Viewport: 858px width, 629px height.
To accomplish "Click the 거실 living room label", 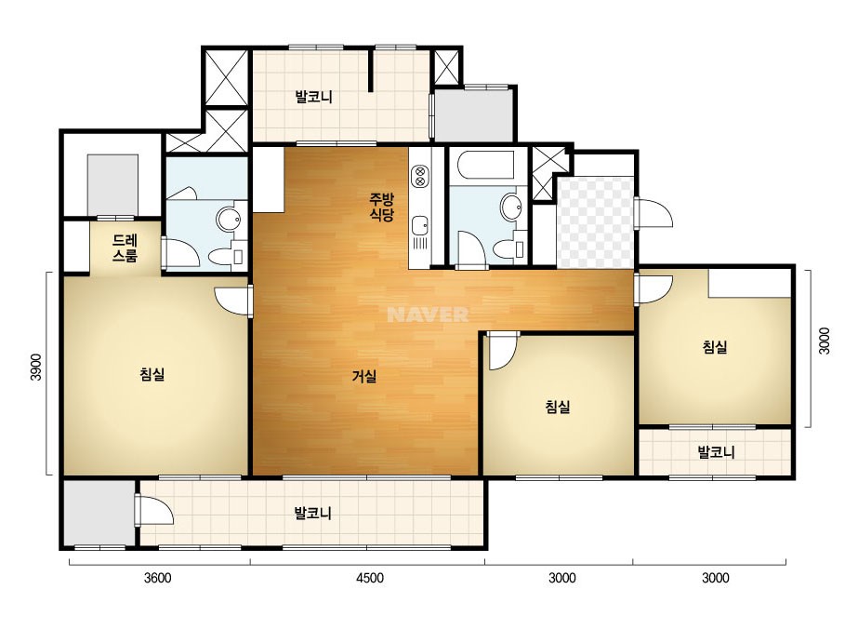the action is coord(363,377).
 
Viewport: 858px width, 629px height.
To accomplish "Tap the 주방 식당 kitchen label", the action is coord(381,207).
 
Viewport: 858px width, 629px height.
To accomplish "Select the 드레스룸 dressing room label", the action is coord(125,248).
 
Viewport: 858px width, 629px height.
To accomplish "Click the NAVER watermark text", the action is coord(428,314).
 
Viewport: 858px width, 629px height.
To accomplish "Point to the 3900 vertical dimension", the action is coord(35,368).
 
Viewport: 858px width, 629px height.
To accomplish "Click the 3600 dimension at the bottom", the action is coord(158,578).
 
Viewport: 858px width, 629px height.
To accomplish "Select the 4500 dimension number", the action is coord(369,578).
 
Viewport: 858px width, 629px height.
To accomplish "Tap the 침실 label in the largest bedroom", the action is coord(152,374).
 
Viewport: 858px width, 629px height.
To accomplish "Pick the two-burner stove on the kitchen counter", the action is coord(420,175).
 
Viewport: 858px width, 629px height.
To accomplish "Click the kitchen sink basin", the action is coord(419,225).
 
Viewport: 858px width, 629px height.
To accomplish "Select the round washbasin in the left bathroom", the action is coord(228,220).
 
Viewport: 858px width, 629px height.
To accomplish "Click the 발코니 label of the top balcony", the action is coord(313,98).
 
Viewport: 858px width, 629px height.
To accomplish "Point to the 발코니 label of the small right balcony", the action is coord(716,452).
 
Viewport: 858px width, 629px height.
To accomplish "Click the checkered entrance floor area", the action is coord(595,221).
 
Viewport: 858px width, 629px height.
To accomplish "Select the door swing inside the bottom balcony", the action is coord(154,510).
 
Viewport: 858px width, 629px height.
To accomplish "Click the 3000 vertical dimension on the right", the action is coord(825,341).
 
